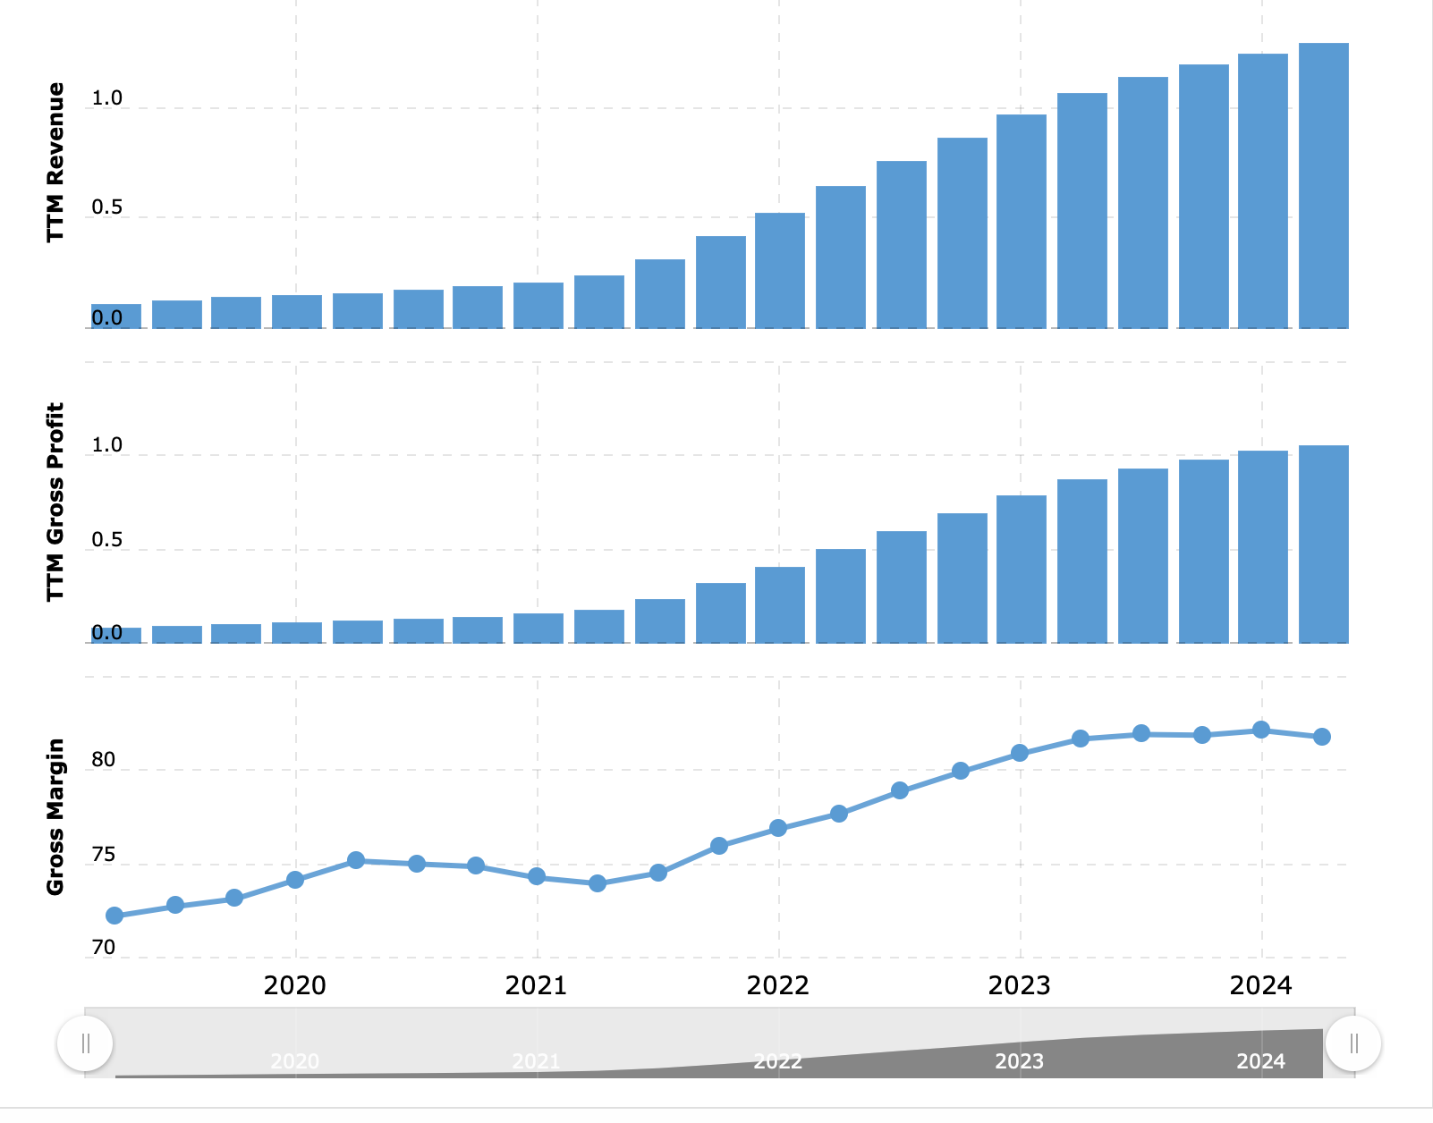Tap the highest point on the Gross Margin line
(x=1261, y=730)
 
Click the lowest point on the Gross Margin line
(x=114, y=916)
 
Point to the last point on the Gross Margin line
(x=1322, y=737)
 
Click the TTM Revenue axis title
(x=55, y=162)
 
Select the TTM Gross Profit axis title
(x=55, y=502)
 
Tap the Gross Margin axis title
(x=55, y=816)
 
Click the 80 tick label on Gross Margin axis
(x=104, y=760)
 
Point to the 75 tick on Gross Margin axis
(x=104, y=855)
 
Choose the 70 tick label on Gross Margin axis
(x=104, y=948)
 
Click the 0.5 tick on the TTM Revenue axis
(x=106, y=207)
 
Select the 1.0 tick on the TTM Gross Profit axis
(x=106, y=445)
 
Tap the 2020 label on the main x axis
(x=295, y=985)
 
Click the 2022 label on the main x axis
(x=778, y=985)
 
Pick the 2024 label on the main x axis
(x=1261, y=985)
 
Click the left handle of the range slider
(x=85, y=1043)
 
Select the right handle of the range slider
(x=1353, y=1043)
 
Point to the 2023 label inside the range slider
(x=1020, y=1061)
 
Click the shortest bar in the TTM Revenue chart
(x=116, y=317)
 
